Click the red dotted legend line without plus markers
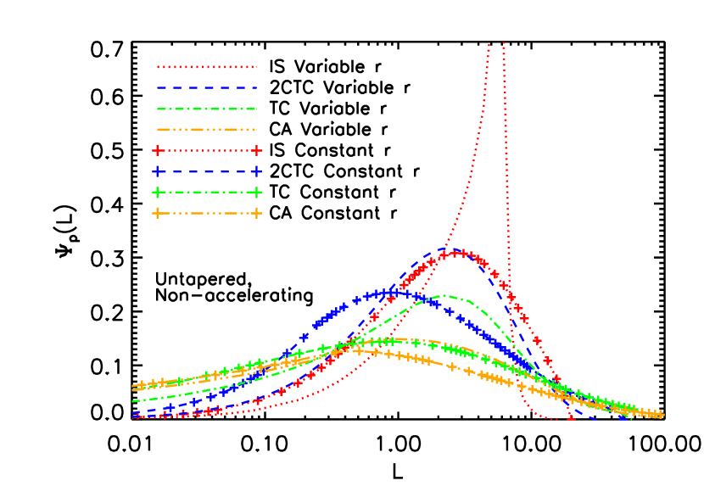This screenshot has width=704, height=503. coord(206,67)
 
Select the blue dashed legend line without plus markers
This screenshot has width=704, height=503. coord(206,87)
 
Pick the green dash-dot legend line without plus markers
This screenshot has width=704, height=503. coord(206,109)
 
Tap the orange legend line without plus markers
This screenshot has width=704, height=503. coord(206,130)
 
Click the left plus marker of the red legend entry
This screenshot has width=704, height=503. coord(157,150)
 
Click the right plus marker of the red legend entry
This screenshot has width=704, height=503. coord(256,150)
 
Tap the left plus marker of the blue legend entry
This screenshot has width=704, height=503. coord(157,171)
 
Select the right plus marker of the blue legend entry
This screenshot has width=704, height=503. coord(256,171)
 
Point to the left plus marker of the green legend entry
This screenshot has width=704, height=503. coord(157,192)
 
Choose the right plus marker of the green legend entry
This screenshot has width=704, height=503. coord(256,192)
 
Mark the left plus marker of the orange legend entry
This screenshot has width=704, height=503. coord(157,213)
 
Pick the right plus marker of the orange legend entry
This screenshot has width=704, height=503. coord(256,213)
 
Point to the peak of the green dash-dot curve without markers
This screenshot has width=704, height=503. coord(444,295)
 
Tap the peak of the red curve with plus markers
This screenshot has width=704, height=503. coord(458,253)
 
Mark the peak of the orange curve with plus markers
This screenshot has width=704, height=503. coord(358,349)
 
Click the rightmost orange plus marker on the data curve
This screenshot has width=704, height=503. coord(659,415)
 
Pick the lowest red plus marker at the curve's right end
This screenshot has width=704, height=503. coord(571,416)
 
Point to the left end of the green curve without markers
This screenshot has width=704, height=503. coord(133,401)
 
